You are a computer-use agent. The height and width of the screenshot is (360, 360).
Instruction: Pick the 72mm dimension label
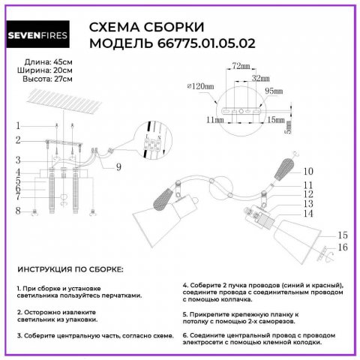(240, 67)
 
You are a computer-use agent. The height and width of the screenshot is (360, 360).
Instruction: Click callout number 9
(118, 166)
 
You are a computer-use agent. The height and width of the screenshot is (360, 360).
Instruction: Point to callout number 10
(307, 172)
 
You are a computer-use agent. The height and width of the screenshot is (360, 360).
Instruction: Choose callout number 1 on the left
(19, 126)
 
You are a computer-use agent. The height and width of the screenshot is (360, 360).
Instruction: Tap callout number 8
(19, 211)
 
